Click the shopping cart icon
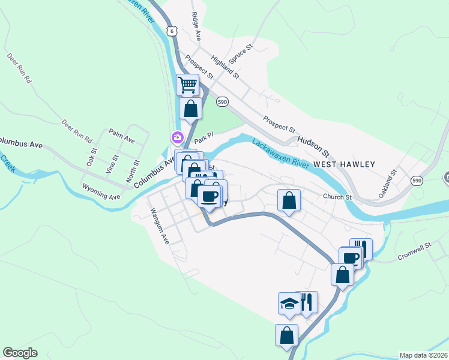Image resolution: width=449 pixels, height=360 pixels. click(x=188, y=85)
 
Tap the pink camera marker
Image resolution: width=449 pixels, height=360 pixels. click(x=177, y=137)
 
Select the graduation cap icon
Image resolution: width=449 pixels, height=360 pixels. click(x=289, y=304)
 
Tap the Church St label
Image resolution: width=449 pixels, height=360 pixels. click(x=336, y=197)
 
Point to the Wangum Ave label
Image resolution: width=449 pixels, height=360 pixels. click(x=160, y=226)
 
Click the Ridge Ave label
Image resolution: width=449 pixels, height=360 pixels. click(x=196, y=25)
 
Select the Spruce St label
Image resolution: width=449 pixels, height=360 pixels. click(x=241, y=55)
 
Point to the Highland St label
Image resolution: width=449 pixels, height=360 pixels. click(x=225, y=68)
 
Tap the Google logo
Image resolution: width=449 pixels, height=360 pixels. click(x=20, y=353)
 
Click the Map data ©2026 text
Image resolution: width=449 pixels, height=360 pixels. click(x=423, y=355)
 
